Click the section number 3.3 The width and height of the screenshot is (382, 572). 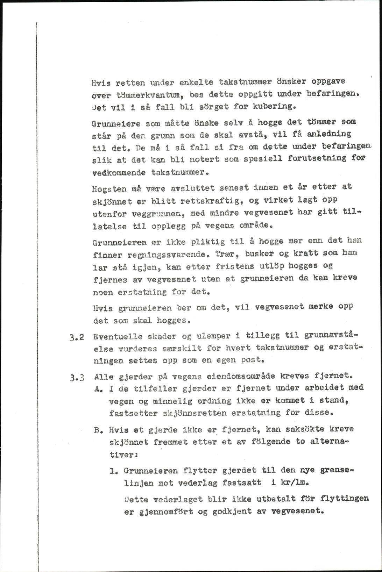[x=76, y=377]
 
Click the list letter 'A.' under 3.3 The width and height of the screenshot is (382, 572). [x=99, y=388]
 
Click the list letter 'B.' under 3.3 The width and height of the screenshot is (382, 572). [x=99, y=430]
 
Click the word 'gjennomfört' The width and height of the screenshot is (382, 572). [x=166, y=512]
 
